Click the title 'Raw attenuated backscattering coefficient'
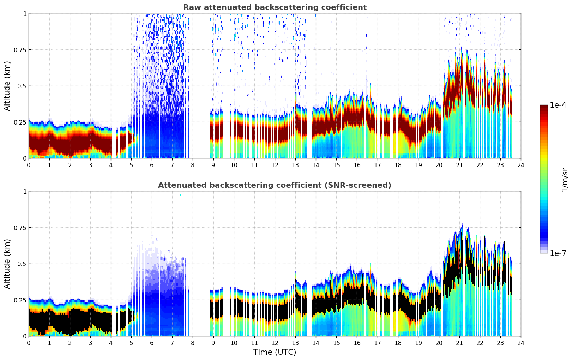[275, 7]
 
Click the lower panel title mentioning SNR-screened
[275, 185]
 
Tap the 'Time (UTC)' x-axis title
[275, 352]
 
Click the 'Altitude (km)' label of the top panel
[7, 86]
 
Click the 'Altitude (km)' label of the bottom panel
[7, 264]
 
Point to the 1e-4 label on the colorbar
[558, 105]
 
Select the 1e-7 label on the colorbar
[558, 253]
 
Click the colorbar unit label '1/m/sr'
[565, 180]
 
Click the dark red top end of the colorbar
[543, 107]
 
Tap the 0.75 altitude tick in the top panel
[20, 50]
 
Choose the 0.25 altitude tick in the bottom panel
[20, 300]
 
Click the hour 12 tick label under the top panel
[275, 165]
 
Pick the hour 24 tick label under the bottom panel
[520, 343]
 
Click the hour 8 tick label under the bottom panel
[193, 343]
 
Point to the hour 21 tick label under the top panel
[459, 165]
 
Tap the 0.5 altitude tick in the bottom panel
[22, 264]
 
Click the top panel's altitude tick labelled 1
[25, 13]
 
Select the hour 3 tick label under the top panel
[90, 165]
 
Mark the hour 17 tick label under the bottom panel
[377, 343]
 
